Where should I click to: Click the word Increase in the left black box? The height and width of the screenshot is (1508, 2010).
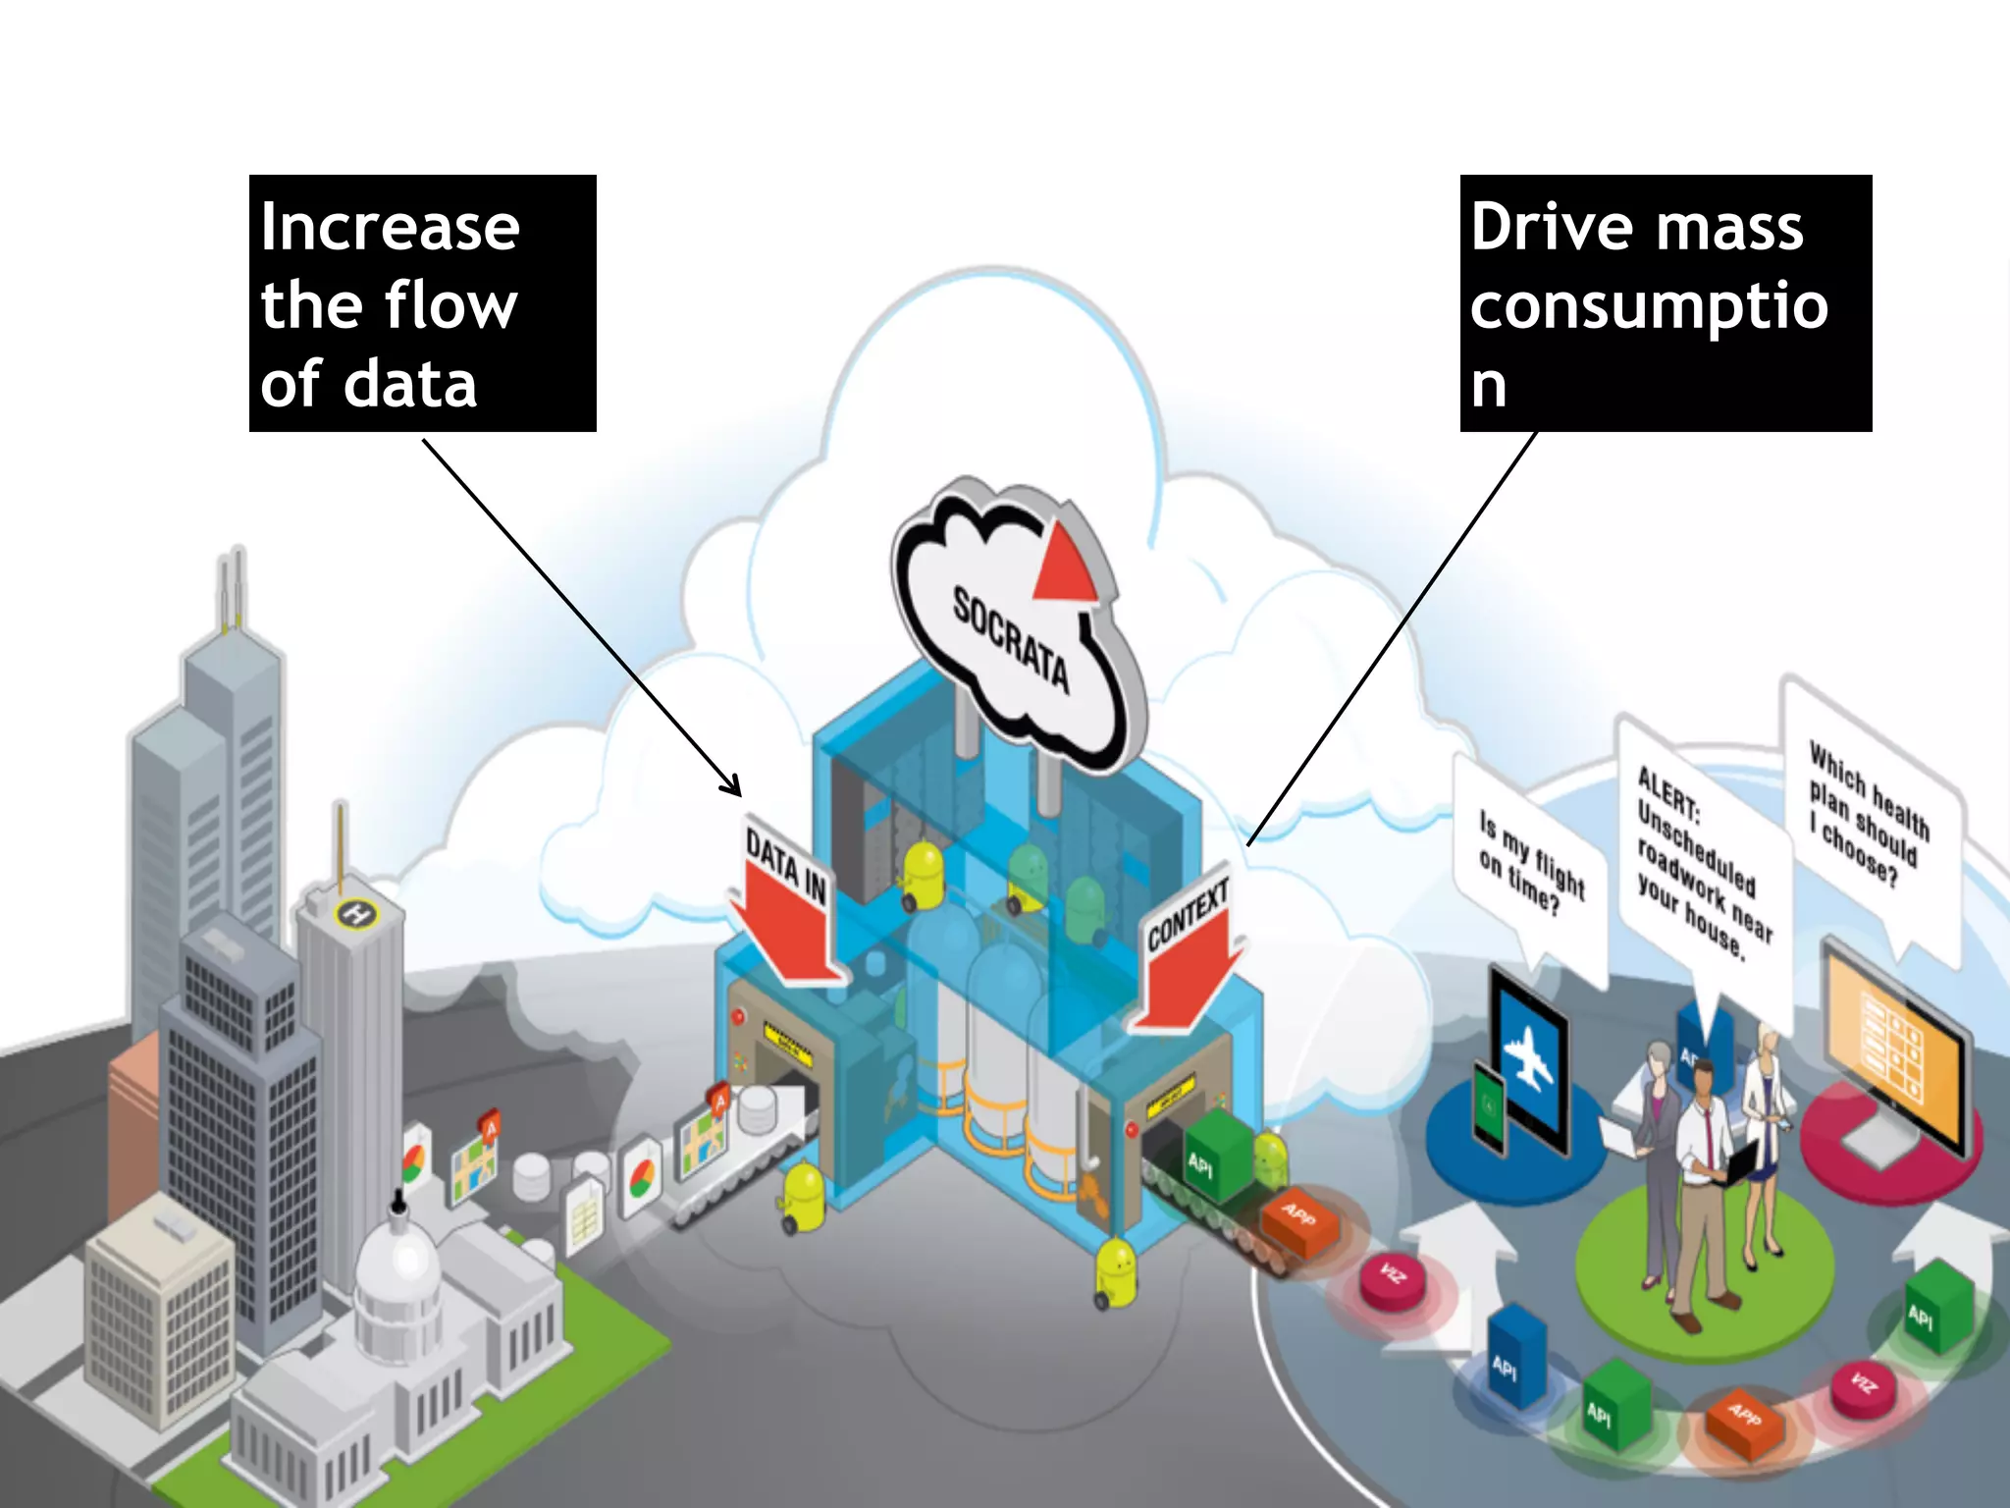pyautogui.click(x=390, y=228)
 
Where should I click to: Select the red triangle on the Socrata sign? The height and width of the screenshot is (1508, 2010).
pyautogui.click(x=1064, y=565)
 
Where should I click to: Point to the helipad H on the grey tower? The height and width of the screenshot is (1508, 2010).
pyautogui.click(x=356, y=915)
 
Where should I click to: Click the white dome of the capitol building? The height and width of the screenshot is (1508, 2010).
pyautogui.click(x=397, y=1266)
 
